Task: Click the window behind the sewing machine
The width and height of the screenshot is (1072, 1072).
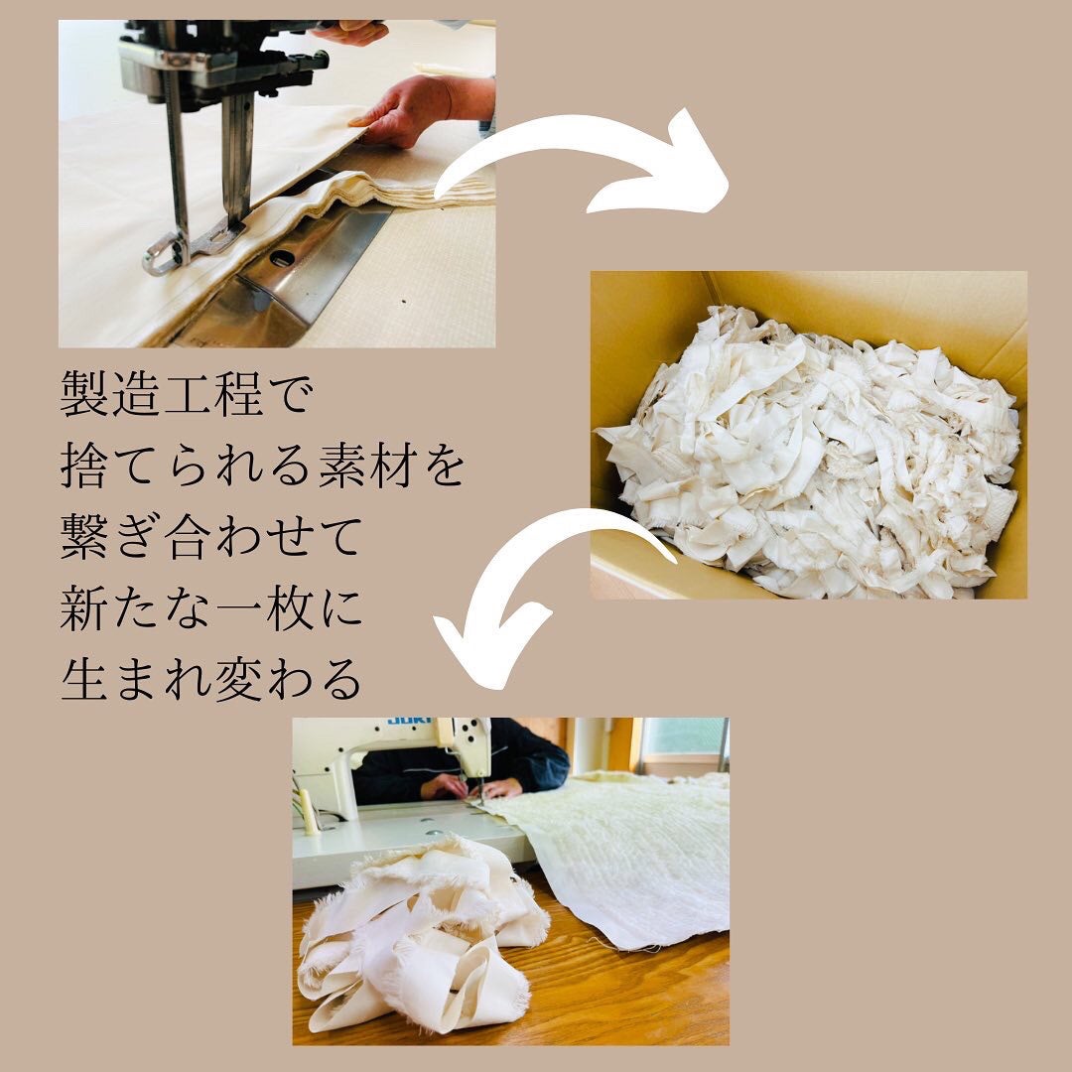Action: coord(685,739)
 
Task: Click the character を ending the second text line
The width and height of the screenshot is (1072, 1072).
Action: coord(444,468)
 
